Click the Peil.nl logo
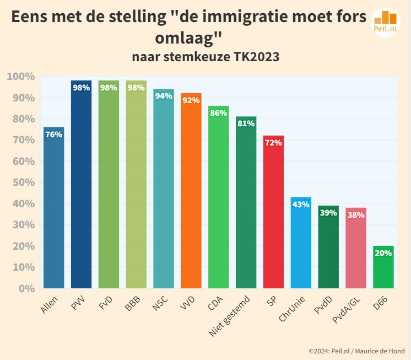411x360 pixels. [x=386, y=22]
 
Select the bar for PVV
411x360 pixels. [x=81, y=187]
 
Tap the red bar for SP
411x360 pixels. [x=273, y=215]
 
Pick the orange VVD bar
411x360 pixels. [x=191, y=193]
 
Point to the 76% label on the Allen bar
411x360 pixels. [x=53, y=135]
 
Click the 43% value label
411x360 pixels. [x=301, y=205]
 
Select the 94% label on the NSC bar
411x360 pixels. [x=164, y=96]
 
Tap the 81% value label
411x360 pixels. [x=246, y=123]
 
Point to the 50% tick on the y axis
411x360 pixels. [x=24, y=182]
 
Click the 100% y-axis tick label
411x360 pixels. [x=21, y=77]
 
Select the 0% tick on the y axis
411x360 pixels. [x=26, y=288]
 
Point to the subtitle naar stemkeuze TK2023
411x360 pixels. [x=205, y=57]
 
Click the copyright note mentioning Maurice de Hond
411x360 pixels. [x=356, y=351]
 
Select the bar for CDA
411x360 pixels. [x=218, y=198]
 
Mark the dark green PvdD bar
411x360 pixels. [x=328, y=248]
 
